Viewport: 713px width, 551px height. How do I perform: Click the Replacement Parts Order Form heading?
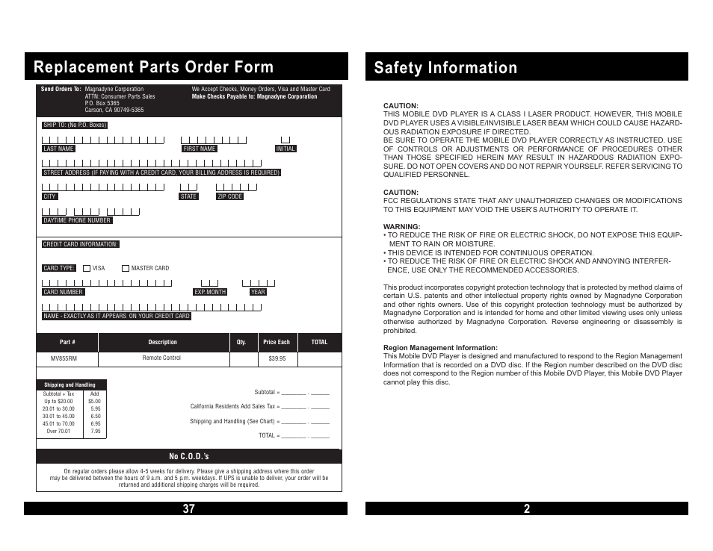click(153, 67)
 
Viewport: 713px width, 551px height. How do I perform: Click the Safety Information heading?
click(445, 68)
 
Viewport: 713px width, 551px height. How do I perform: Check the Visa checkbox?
click(87, 268)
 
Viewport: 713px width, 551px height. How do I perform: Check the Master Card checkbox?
click(126, 268)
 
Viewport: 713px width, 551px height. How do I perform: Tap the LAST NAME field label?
click(58, 149)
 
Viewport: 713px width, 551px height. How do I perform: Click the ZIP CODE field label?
click(230, 196)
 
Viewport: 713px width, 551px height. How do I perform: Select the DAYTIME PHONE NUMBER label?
click(77, 220)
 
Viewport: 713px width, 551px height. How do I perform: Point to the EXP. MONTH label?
click(210, 292)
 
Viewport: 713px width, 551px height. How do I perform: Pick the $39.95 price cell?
click(277, 358)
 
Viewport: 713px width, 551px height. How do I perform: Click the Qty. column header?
click(241, 342)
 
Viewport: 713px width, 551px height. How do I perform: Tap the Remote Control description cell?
click(161, 358)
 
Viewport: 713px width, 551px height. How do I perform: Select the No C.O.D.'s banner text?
click(189, 456)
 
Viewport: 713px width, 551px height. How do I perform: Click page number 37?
click(188, 509)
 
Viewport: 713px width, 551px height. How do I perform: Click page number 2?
click(527, 509)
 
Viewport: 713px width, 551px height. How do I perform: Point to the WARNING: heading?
click(401, 227)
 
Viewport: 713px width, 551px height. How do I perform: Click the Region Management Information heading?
click(440, 348)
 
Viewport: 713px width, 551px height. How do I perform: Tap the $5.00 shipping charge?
click(94, 401)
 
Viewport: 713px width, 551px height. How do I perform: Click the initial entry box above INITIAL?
click(285, 140)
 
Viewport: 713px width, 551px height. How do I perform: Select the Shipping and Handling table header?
click(70, 385)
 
